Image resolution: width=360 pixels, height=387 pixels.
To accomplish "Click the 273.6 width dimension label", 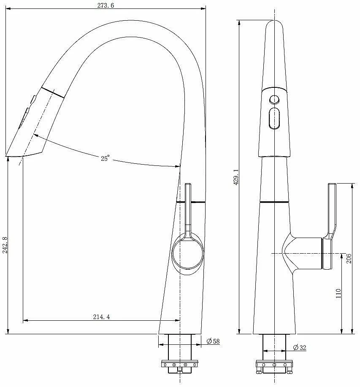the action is tap(106, 5).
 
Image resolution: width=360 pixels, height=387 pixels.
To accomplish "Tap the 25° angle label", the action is tap(105, 158).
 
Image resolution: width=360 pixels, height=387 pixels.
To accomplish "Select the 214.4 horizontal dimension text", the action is tap(101, 317).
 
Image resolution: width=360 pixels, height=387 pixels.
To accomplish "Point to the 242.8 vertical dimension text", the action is tap(5, 245).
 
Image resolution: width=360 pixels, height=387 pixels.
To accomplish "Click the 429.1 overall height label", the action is tap(236, 177).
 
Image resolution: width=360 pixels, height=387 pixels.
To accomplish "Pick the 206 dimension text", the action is tap(349, 258).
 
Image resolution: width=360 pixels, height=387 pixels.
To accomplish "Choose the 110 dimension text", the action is tap(338, 293).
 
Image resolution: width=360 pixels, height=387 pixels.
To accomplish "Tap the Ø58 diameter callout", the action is tap(213, 341).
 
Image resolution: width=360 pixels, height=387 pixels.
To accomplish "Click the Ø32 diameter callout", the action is tap(300, 347).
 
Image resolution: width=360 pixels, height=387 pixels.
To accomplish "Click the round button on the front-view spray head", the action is tap(274, 100).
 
